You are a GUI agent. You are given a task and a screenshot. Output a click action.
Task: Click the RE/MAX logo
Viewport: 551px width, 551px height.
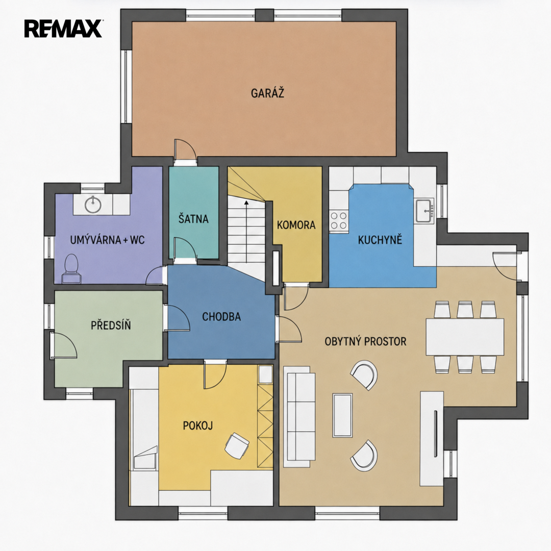63,29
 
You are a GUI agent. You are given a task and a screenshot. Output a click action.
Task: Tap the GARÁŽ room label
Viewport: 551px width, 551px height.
267,93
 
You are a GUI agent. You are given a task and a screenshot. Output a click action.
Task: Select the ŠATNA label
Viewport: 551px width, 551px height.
193,218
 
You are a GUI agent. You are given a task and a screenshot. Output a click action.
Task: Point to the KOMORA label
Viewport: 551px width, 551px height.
296,225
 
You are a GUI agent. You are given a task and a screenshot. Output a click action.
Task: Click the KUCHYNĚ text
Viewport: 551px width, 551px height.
380,240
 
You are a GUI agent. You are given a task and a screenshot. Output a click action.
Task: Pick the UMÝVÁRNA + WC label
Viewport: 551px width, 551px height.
108,240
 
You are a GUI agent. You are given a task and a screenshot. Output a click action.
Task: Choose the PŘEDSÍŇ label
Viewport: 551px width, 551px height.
111,324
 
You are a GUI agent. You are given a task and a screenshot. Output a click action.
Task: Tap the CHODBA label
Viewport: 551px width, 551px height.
221,317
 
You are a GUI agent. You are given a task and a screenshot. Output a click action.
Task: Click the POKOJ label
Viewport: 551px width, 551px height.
198,425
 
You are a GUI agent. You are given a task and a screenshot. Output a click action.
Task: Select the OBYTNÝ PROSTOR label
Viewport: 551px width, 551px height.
365,341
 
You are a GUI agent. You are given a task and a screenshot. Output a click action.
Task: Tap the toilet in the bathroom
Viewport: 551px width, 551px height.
72,268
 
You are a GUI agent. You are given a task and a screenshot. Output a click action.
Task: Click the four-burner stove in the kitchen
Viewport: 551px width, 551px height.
339,220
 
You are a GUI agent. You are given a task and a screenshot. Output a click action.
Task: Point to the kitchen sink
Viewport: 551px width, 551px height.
424,211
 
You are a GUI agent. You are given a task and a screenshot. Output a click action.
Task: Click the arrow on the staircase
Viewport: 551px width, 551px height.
246,231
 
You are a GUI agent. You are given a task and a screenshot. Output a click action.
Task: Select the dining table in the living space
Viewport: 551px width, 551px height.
465,337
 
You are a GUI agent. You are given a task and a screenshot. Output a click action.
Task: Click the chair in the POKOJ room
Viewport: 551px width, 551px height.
237,445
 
